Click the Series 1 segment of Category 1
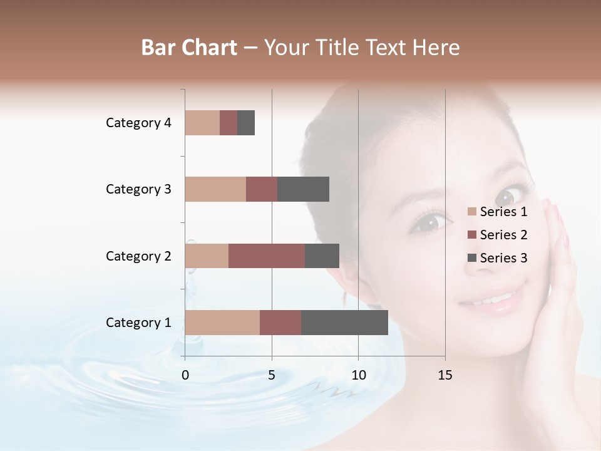point(222,323)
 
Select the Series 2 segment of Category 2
point(267,256)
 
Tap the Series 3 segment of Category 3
point(303,189)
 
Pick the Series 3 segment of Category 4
point(246,123)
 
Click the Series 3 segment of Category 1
point(344,323)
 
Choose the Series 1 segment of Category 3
point(215,189)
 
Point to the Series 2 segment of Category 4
point(229,123)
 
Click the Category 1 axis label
point(138,323)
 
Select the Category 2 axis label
point(138,256)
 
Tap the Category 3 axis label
point(138,189)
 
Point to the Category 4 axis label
point(138,123)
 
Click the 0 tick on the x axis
point(185,375)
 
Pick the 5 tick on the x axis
point(272,375)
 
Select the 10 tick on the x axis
point(358,375)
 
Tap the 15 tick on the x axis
point(445,375)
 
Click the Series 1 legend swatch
point(472,212)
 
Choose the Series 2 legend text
point(503,235)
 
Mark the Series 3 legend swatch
point(472,258)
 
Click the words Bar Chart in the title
point(189,48)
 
